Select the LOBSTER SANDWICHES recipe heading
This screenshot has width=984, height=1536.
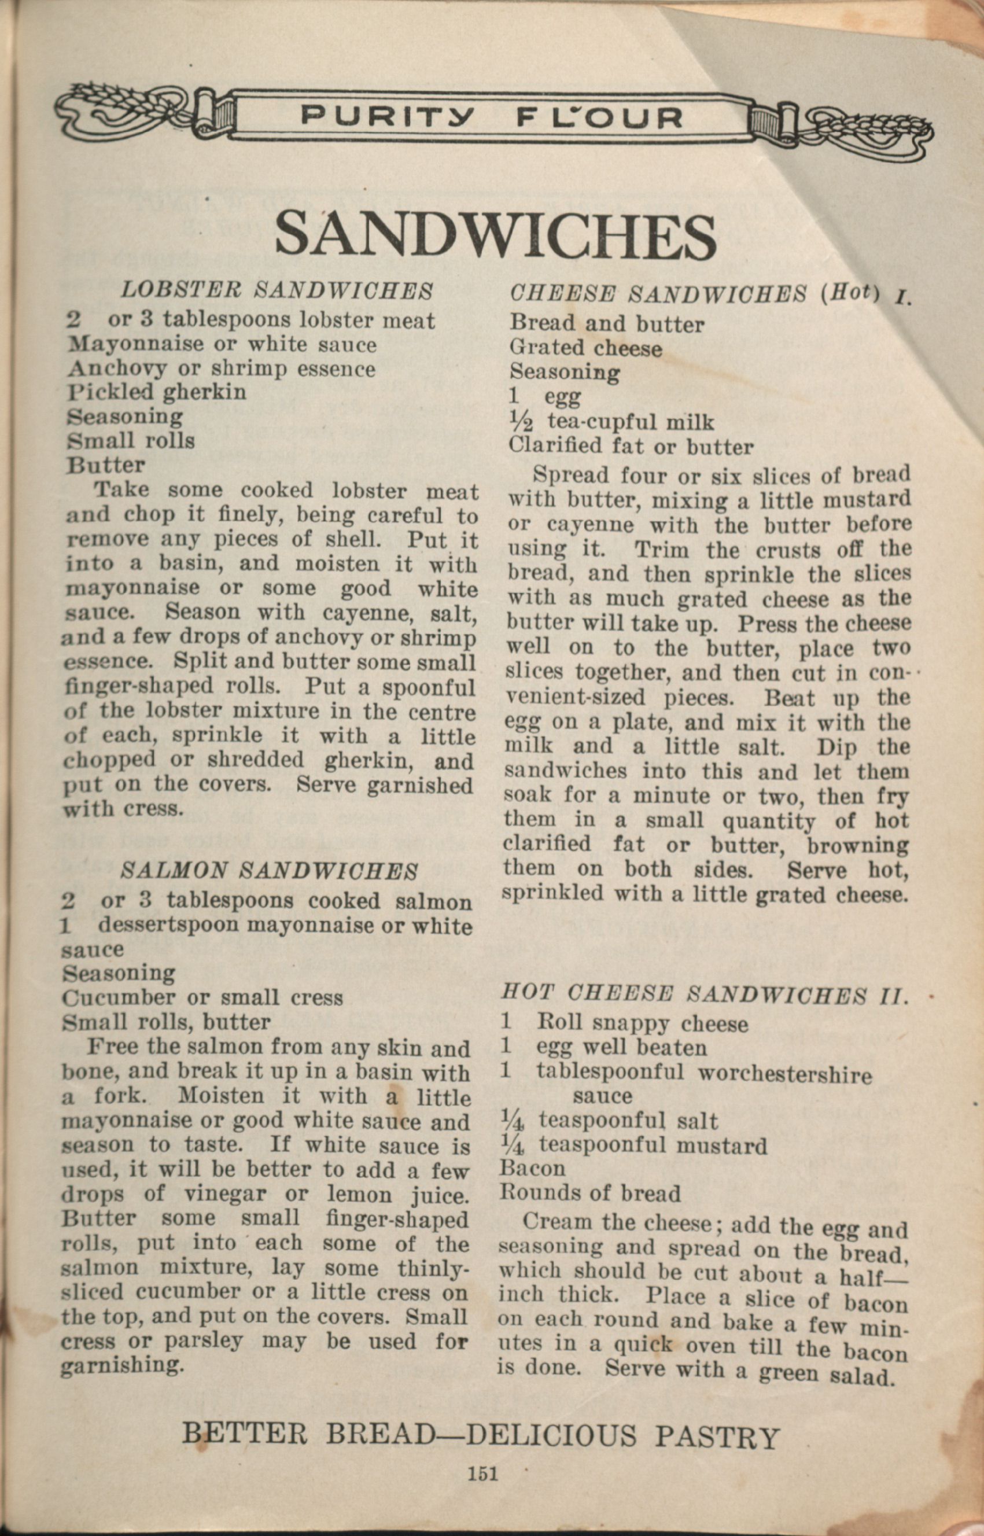coord(277,291)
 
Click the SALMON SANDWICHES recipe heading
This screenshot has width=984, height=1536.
coord(269,870)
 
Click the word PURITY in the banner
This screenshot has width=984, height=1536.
coord(388,117)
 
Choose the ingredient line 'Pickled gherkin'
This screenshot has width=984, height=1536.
coord(157,392)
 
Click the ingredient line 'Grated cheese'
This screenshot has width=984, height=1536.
coord(585,348)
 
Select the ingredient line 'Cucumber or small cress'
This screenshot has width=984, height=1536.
coord(202,997)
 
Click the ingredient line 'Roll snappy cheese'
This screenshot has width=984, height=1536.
coord(642,1024)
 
